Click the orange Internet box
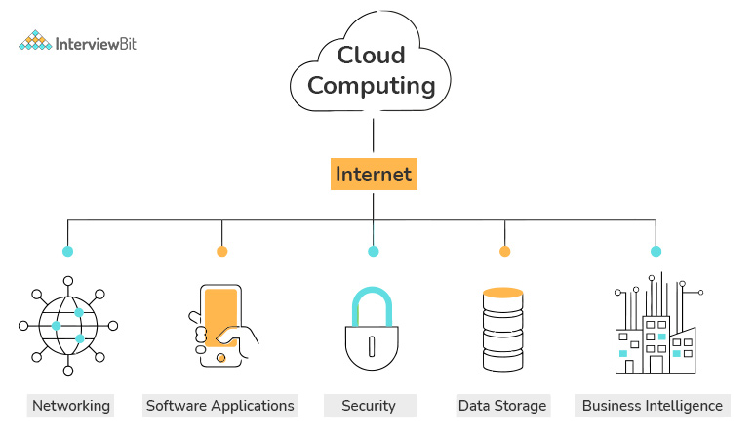pos(374,175)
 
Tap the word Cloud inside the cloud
pos(372,55)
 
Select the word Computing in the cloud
pos(372,86)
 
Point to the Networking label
pos(71,405)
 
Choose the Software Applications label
pos(219,405)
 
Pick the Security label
pos(369,405)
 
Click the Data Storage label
pos(502,405)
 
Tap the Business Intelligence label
pos(653,405)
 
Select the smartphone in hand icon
pos(221,326)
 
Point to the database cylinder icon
pos(504,330)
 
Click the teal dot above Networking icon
pos(68,252)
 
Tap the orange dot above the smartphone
pos(222,252)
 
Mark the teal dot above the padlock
pos(373,252)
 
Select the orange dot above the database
pos(505,252)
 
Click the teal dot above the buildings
pos(656,252)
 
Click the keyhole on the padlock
pos(373,345)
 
